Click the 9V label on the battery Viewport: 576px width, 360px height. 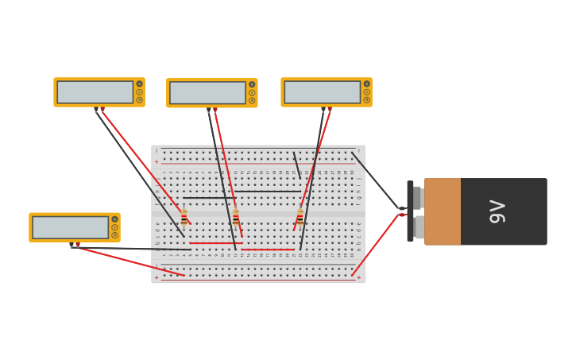click(x=498, y=211)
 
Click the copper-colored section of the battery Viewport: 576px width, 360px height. click(x=443, y=211)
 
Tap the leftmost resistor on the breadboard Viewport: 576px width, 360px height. click(x=184, y=216)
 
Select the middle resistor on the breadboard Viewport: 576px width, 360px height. click(x=235, y=216)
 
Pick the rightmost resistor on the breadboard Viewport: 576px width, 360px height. click(x=300, y=216)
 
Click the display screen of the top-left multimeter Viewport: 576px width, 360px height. click(x=95, y=92)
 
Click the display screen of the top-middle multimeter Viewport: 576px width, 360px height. click(x=207, y=93)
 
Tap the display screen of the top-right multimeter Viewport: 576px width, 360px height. click(x=322, y=92)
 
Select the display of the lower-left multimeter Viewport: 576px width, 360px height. click(x=70, y=227)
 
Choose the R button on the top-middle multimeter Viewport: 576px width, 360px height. click(x=252, y=100)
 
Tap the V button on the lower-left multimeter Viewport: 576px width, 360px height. click(x=114, y=227)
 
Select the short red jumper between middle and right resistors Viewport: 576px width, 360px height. click(x=268, y=250)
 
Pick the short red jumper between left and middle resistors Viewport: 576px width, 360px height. click(x=215, y=243)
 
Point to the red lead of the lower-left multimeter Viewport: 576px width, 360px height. click(x=131, y=261)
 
